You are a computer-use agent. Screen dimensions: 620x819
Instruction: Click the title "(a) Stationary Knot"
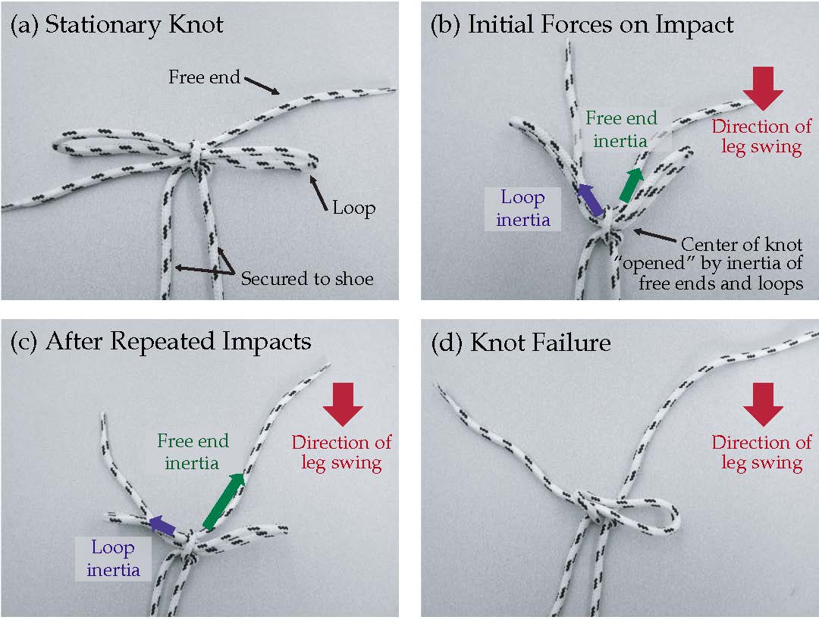[116, 24]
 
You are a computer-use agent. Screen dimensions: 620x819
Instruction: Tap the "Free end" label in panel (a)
[204, 77]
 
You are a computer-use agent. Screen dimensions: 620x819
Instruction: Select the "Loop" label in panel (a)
[353, 207]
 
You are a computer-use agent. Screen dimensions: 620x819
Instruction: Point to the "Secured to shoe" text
[307, 279]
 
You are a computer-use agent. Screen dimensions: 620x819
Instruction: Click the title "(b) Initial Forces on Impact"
[582, 24]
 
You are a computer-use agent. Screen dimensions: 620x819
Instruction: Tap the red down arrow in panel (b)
[762, 89]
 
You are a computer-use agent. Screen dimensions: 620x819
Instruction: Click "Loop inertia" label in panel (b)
[522, 208]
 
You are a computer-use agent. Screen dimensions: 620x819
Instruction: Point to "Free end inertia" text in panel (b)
[620, 130]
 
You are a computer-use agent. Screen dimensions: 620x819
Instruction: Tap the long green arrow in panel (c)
[224, 500]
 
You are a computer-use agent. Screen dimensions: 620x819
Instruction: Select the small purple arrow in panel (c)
[162, 524]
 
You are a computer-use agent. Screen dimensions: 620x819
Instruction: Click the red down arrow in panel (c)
[343, 407]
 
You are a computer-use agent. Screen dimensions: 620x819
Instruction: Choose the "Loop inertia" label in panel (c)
[112, 559]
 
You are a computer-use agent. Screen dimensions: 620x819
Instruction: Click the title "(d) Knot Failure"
[520, 342]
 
